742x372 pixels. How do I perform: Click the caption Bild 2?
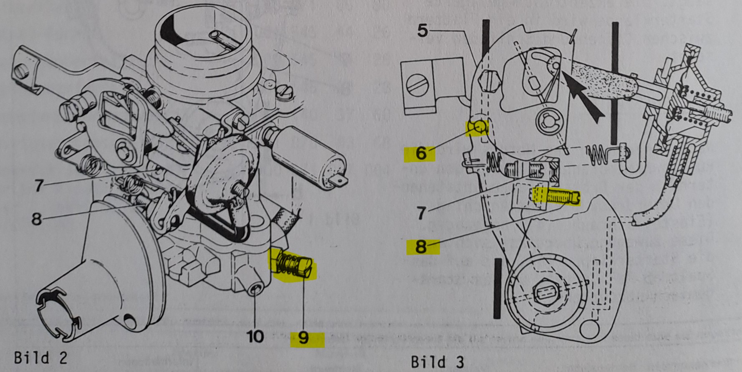(40, 358)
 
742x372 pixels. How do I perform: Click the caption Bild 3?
(437, 361)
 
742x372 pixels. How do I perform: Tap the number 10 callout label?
(255, 336)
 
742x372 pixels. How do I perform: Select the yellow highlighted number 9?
(304, 338)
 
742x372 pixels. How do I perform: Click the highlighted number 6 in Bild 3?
(421, 153)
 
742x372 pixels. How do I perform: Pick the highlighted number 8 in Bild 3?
(421, 247)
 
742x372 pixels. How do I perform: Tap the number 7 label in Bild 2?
(39, 185)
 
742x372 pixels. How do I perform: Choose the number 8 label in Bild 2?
(37, 219)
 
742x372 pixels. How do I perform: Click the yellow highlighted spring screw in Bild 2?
(294, 268)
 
